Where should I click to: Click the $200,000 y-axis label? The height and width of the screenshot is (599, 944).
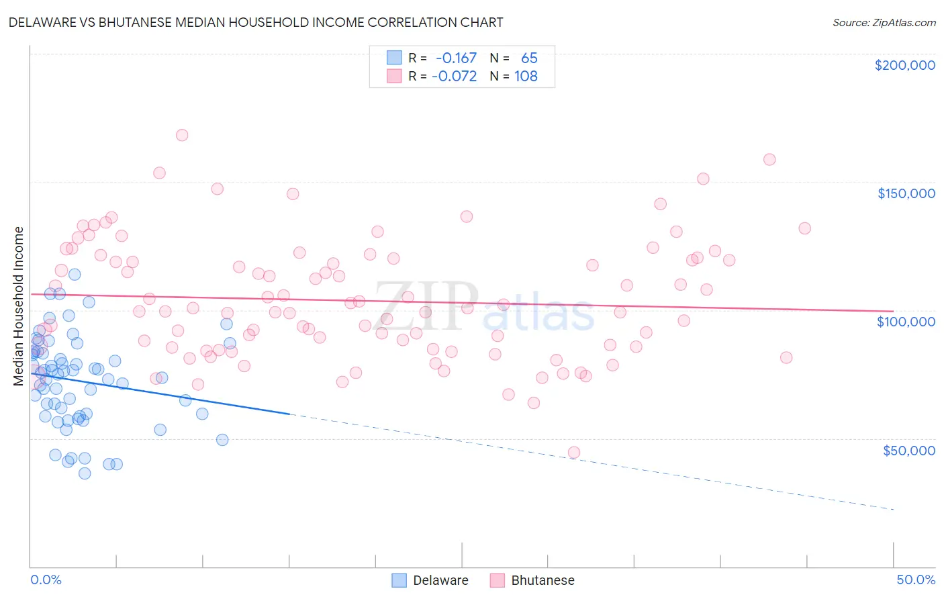point(904,65)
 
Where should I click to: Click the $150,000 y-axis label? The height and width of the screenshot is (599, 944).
point(906,193)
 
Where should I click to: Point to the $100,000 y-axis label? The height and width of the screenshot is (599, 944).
point(906,322)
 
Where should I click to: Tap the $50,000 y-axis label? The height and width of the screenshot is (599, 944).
point(908,450)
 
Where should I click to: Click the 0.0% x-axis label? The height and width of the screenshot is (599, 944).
point(46,580)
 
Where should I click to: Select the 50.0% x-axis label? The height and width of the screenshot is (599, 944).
point(916,580)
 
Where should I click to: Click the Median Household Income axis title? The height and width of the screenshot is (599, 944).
point(18,306)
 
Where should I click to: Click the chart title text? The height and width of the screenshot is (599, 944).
point(256,22)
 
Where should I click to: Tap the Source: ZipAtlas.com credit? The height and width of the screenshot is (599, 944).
point(884,22)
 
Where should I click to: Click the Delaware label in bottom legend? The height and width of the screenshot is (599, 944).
point(440,580)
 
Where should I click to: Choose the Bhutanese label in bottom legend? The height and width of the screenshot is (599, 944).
point(542,580)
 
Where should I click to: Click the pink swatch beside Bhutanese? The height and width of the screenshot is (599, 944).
point(497,580)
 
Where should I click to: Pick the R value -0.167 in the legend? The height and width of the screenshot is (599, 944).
point(456,58)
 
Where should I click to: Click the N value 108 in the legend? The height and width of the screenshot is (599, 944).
point(526,76)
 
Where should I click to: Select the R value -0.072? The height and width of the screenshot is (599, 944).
point(454,76)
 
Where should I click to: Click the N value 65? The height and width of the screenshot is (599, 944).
point(529,58)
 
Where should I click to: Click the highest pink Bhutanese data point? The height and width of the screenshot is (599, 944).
point(182,135)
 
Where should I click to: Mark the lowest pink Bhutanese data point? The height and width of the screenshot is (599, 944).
point(574,453)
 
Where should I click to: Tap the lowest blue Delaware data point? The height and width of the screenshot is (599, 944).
point(85,473)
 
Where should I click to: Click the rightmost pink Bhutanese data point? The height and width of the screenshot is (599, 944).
point(804,228)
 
